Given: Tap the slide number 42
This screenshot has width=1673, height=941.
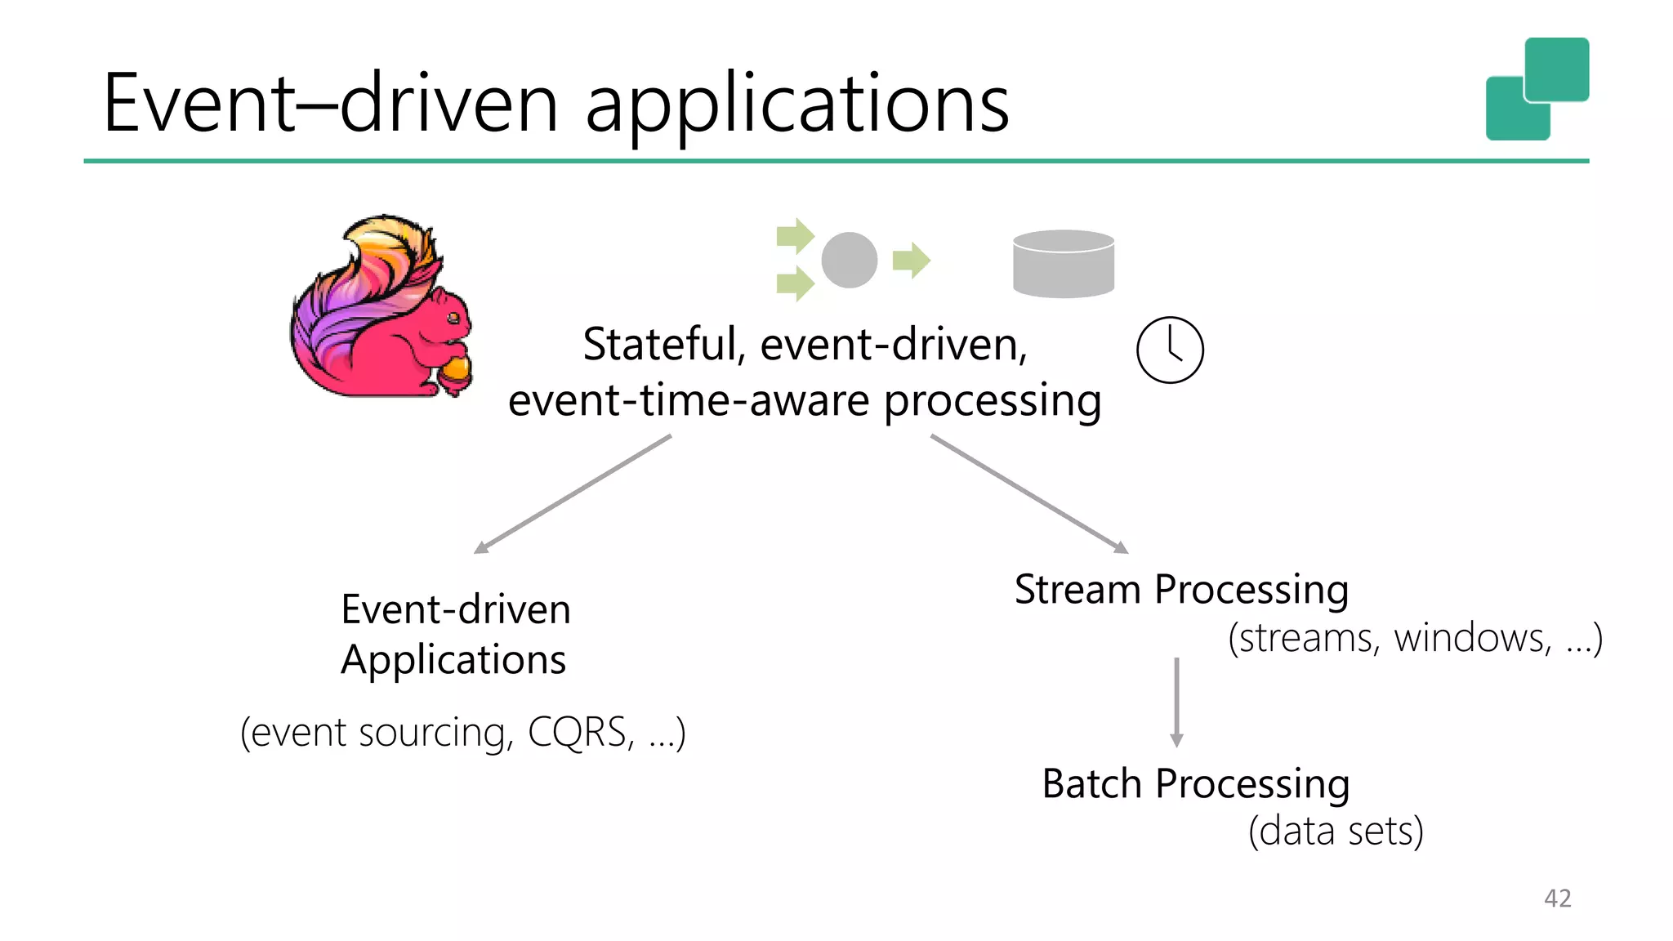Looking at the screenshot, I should point(1557,898).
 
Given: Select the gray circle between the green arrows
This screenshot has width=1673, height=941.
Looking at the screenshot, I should point(849,261).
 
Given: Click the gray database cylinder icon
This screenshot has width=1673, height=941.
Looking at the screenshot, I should point(1063,264).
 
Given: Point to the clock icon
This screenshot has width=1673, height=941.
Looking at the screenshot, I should point(1169,350).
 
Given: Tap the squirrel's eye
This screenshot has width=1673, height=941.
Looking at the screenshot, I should point(453,317).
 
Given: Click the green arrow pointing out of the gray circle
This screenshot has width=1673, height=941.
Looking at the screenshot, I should point(911,261).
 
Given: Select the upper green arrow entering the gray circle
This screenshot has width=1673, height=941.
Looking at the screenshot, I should point(795,236).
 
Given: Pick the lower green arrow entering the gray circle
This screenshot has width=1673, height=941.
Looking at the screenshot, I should point(795,283).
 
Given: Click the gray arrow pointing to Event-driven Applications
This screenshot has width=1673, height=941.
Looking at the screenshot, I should point(572,495).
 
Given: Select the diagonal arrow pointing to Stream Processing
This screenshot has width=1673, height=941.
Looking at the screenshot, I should point(1029,495).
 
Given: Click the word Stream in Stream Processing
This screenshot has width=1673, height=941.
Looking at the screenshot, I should point(1077,589).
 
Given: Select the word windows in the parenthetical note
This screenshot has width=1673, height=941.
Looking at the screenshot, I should point(1471,638).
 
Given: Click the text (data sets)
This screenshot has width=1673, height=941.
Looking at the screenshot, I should point(1336,832).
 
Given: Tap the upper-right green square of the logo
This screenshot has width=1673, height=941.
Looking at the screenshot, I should point(1556,69).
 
